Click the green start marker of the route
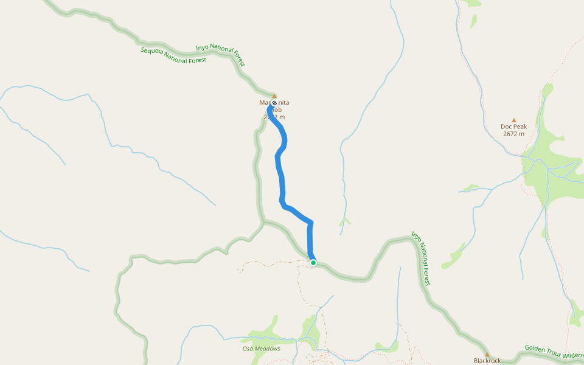(313, 262)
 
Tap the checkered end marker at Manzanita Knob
(274, 103)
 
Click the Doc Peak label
(513, 127)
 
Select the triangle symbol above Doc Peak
(514, 120)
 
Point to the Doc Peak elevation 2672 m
(513, 134)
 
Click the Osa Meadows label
(261, 349)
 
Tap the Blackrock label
(487, 360)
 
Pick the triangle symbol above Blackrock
(487, 354)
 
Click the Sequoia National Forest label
(173, 55)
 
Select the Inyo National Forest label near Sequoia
(220, 55)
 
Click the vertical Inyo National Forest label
(421, 258)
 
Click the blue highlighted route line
(280, 176)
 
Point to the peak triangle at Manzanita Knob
(274, 96)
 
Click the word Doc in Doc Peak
(506, 127)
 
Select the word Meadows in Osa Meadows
(267, 349)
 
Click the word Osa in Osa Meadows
(248, 349)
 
